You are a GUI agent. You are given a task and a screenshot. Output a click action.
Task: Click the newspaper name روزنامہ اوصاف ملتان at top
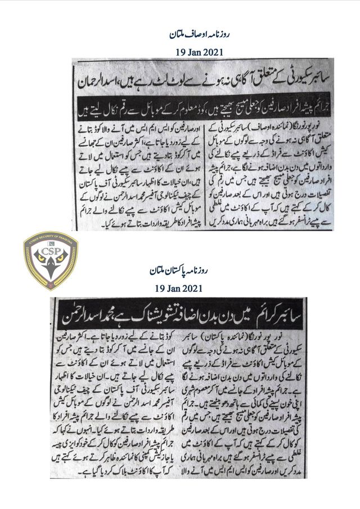(180, 35)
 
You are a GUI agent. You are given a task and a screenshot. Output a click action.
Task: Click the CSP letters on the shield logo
(51, 251)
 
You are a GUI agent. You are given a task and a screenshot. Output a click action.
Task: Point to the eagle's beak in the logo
(51, 276)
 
